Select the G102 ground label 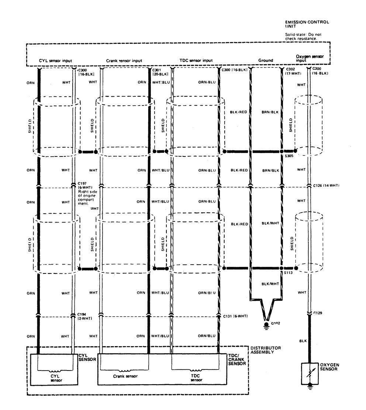[275, 323]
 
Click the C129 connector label [318, 313]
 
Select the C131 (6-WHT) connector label [235, 316]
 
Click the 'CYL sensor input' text [56, 61]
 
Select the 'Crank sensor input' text [124, 61]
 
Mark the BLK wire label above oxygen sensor [301, 341]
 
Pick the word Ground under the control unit [266, 61]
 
